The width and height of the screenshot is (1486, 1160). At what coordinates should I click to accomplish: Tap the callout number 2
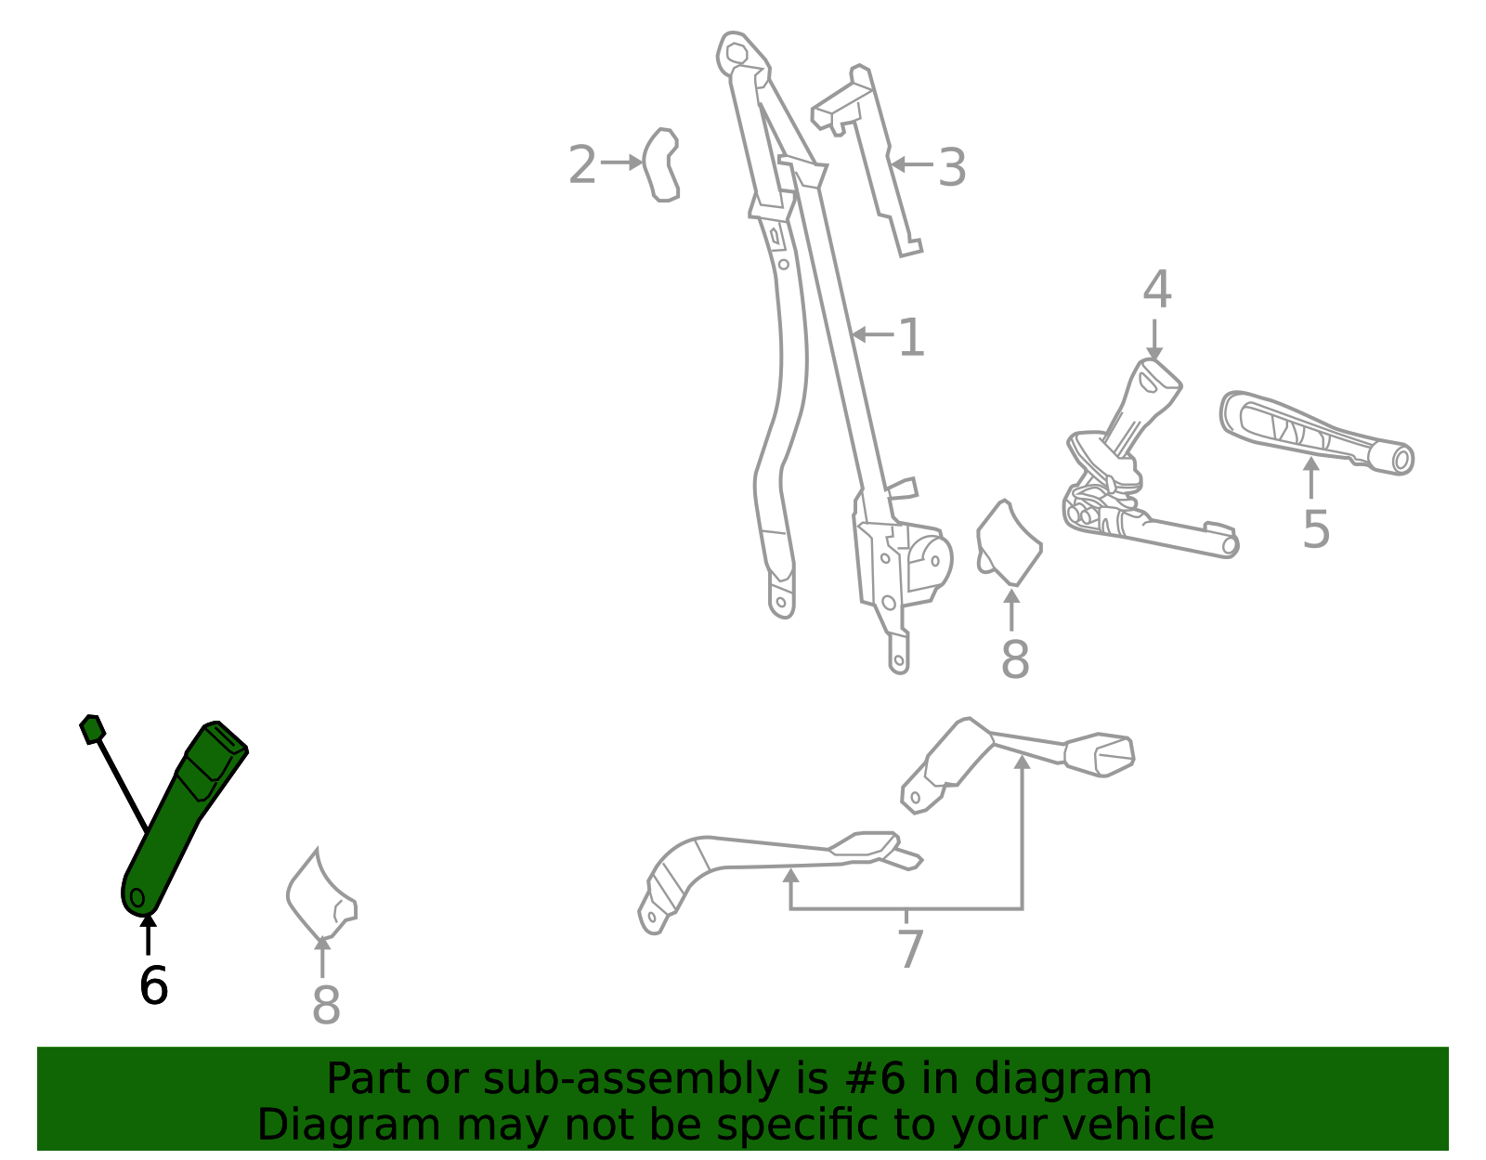pos(582,164)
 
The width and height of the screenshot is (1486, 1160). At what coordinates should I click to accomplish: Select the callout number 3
pos(952,167)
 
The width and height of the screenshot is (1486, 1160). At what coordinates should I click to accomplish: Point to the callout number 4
pos(1157,289)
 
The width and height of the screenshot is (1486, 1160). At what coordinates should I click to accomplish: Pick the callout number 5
pos(1316,529)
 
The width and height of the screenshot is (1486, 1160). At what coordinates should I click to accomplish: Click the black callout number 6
pos(154,985)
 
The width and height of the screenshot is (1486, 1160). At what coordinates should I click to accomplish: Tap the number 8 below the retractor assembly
pos(1015,659)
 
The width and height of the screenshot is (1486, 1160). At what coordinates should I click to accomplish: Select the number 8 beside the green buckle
pos(326,1005)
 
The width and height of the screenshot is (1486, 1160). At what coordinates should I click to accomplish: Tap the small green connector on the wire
pos(92,729)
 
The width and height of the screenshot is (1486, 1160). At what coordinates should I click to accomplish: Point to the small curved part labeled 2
pos(661,164)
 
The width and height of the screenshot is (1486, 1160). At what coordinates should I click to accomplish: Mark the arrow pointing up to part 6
pos(148,935)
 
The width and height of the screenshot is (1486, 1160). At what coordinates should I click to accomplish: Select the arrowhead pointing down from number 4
pos(1154,353)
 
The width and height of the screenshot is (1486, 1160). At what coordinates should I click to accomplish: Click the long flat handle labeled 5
pos(1316,433)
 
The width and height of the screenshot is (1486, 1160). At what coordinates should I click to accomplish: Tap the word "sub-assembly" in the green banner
pos(631,1078)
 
